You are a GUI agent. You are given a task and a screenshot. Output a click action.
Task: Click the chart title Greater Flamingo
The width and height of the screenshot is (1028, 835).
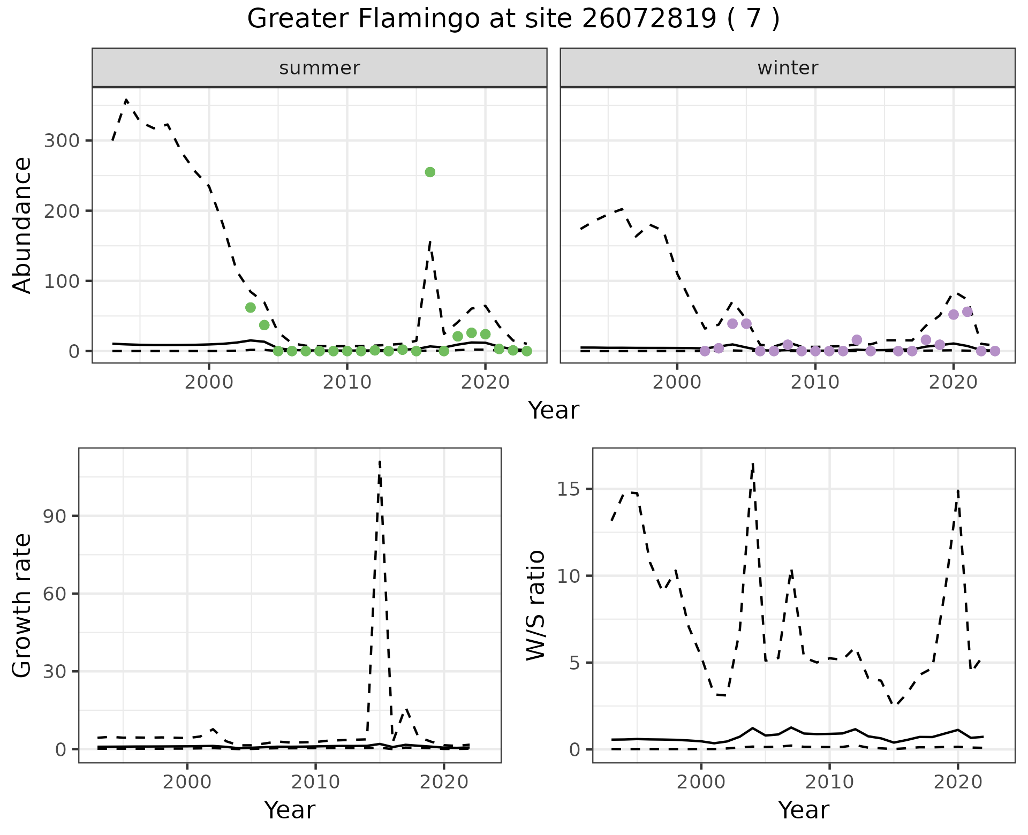pyautogui.click(x=513, y=19)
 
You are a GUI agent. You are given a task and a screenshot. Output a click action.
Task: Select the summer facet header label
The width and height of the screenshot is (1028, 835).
pyautogui.click(x=320, y=68)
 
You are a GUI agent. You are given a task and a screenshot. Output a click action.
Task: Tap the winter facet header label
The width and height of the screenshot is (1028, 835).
pyautogui.click(x=788, y=68)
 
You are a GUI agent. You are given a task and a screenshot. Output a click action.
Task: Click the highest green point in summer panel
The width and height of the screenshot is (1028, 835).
pyautogui.click(x=430, y=172)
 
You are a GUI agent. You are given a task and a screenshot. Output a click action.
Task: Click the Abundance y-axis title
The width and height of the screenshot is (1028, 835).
pyautogui.click(x=22, y=225)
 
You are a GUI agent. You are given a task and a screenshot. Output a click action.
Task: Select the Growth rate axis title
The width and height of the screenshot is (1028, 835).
pyautogui.click(x=22, y=605)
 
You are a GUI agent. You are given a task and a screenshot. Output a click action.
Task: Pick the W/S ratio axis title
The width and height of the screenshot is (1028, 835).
pyautogui.click(x=535, y=605)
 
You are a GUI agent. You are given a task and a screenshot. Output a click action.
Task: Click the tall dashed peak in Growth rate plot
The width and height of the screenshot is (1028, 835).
pyautogui.click(x=380, y=461)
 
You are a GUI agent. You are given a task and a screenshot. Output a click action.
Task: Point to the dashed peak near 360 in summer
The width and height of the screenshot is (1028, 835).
pyautogui.click(x=126, y=100)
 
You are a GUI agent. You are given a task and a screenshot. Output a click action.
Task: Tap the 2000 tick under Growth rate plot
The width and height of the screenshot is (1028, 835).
pyautogui.click(x=187, y=782)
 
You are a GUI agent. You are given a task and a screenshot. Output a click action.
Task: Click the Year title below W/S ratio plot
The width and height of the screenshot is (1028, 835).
pyautogui.click(x=804, y=810)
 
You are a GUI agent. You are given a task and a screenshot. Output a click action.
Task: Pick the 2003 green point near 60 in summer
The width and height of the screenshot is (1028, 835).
pyautogui.click(x=250, y=307)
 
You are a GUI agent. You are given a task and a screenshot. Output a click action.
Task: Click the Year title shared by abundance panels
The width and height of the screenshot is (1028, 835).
pyautogui.click(x=554, y=411)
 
